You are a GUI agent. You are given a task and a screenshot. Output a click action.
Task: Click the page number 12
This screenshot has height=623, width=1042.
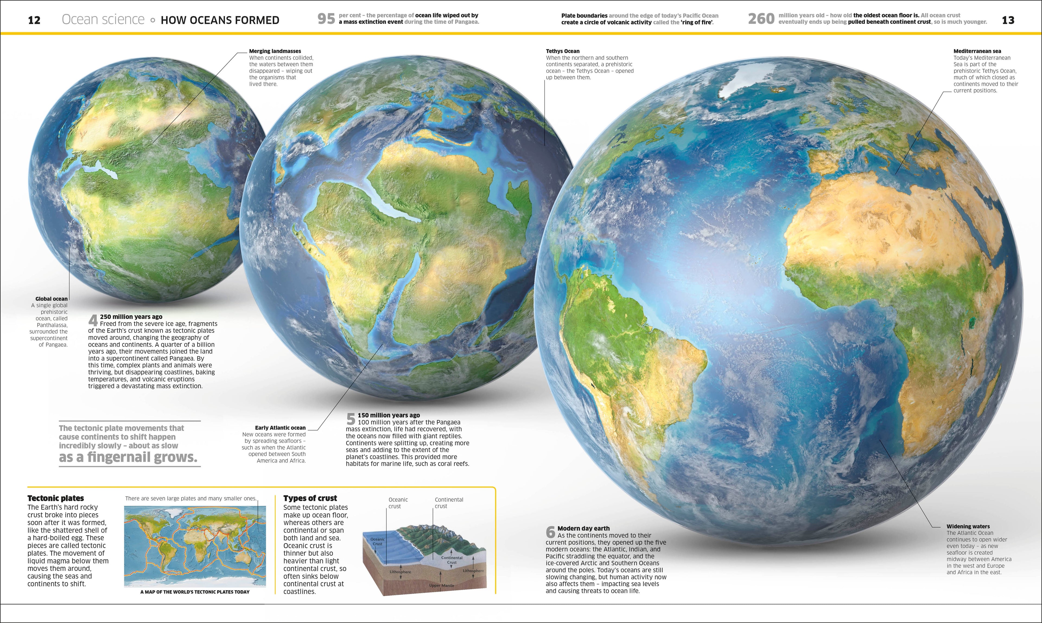coord(34,20)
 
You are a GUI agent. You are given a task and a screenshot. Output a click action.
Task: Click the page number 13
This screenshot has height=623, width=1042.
coord(1008,20)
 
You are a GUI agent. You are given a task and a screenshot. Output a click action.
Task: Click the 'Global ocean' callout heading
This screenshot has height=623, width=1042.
coord(51,299)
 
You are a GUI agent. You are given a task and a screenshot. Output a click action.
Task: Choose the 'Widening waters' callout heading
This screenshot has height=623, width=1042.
coord(968,526)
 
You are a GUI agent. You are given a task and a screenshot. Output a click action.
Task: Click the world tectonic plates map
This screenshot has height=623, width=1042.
coord(195,545)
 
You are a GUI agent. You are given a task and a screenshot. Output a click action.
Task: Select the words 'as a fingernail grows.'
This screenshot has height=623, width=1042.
coord(128,457)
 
